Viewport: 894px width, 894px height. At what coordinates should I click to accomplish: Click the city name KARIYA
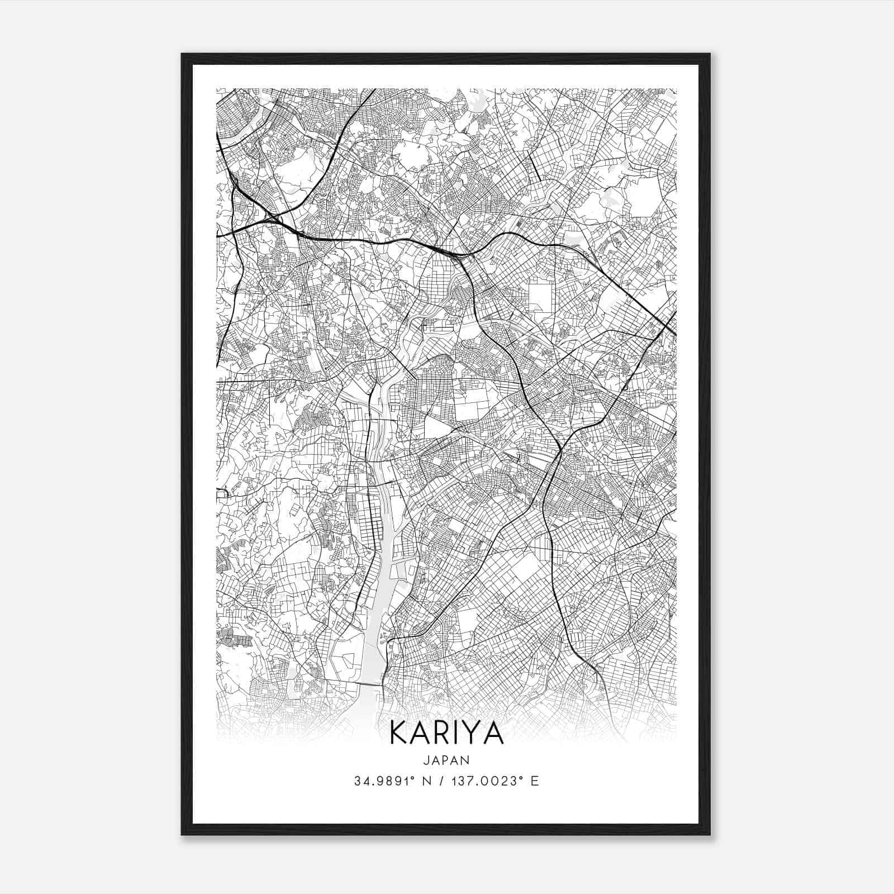pos(446,733)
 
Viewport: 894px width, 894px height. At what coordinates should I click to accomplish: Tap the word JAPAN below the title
pos(446,760)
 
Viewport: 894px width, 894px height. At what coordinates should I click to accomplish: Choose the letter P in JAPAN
pos(446,760)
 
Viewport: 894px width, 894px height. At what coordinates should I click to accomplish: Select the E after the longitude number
pos(535,781)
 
